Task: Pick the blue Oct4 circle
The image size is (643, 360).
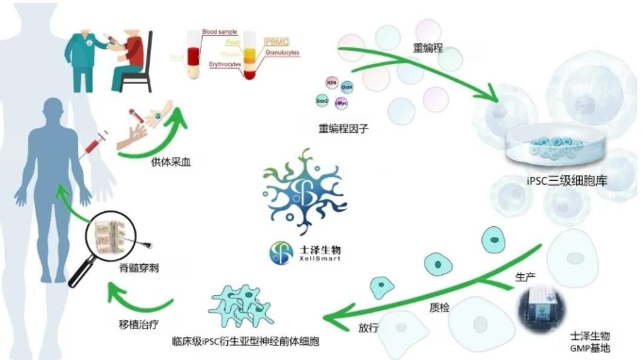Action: [x=347, y=87]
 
